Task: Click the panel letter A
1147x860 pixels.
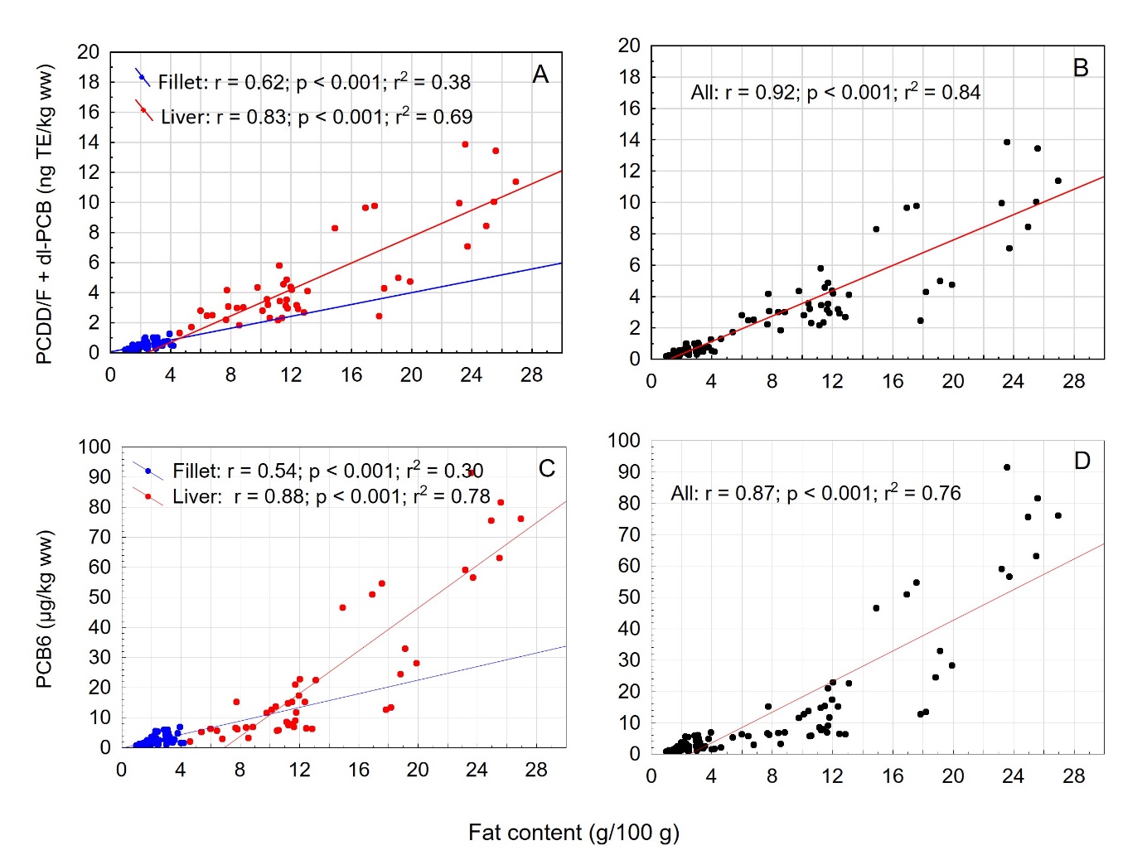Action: tap(540, 75)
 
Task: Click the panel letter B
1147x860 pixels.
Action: tap(1080, 68)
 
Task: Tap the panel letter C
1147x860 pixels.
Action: tap(547, 469)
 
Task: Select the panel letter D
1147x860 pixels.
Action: tap(1082, 461)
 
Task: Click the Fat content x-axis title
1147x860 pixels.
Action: tap(573, 832)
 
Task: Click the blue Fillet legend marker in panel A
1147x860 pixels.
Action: tap(143, 78)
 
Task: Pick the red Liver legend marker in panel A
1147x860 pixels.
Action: tap(143, 110)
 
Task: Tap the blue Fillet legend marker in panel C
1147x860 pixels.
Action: tap(148, 471)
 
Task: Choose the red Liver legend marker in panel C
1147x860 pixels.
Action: tap(148, 496)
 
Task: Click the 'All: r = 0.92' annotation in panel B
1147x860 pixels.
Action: tap(835, 92)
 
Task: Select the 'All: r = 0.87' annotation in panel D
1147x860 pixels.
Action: tap(815, 493)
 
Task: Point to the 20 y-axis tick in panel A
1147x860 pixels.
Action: tap(89, 52)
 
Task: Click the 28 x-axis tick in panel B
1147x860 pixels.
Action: tap(1073, 381)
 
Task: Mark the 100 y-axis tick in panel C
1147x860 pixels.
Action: tap(94, 447)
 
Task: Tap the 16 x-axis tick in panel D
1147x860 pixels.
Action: tap(893, 776)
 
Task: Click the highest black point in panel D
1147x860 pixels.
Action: tap(1007, 467)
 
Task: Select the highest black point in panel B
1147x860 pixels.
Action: tap(1007, 143)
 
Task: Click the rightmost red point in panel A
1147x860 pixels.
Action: tap(515, 181)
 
